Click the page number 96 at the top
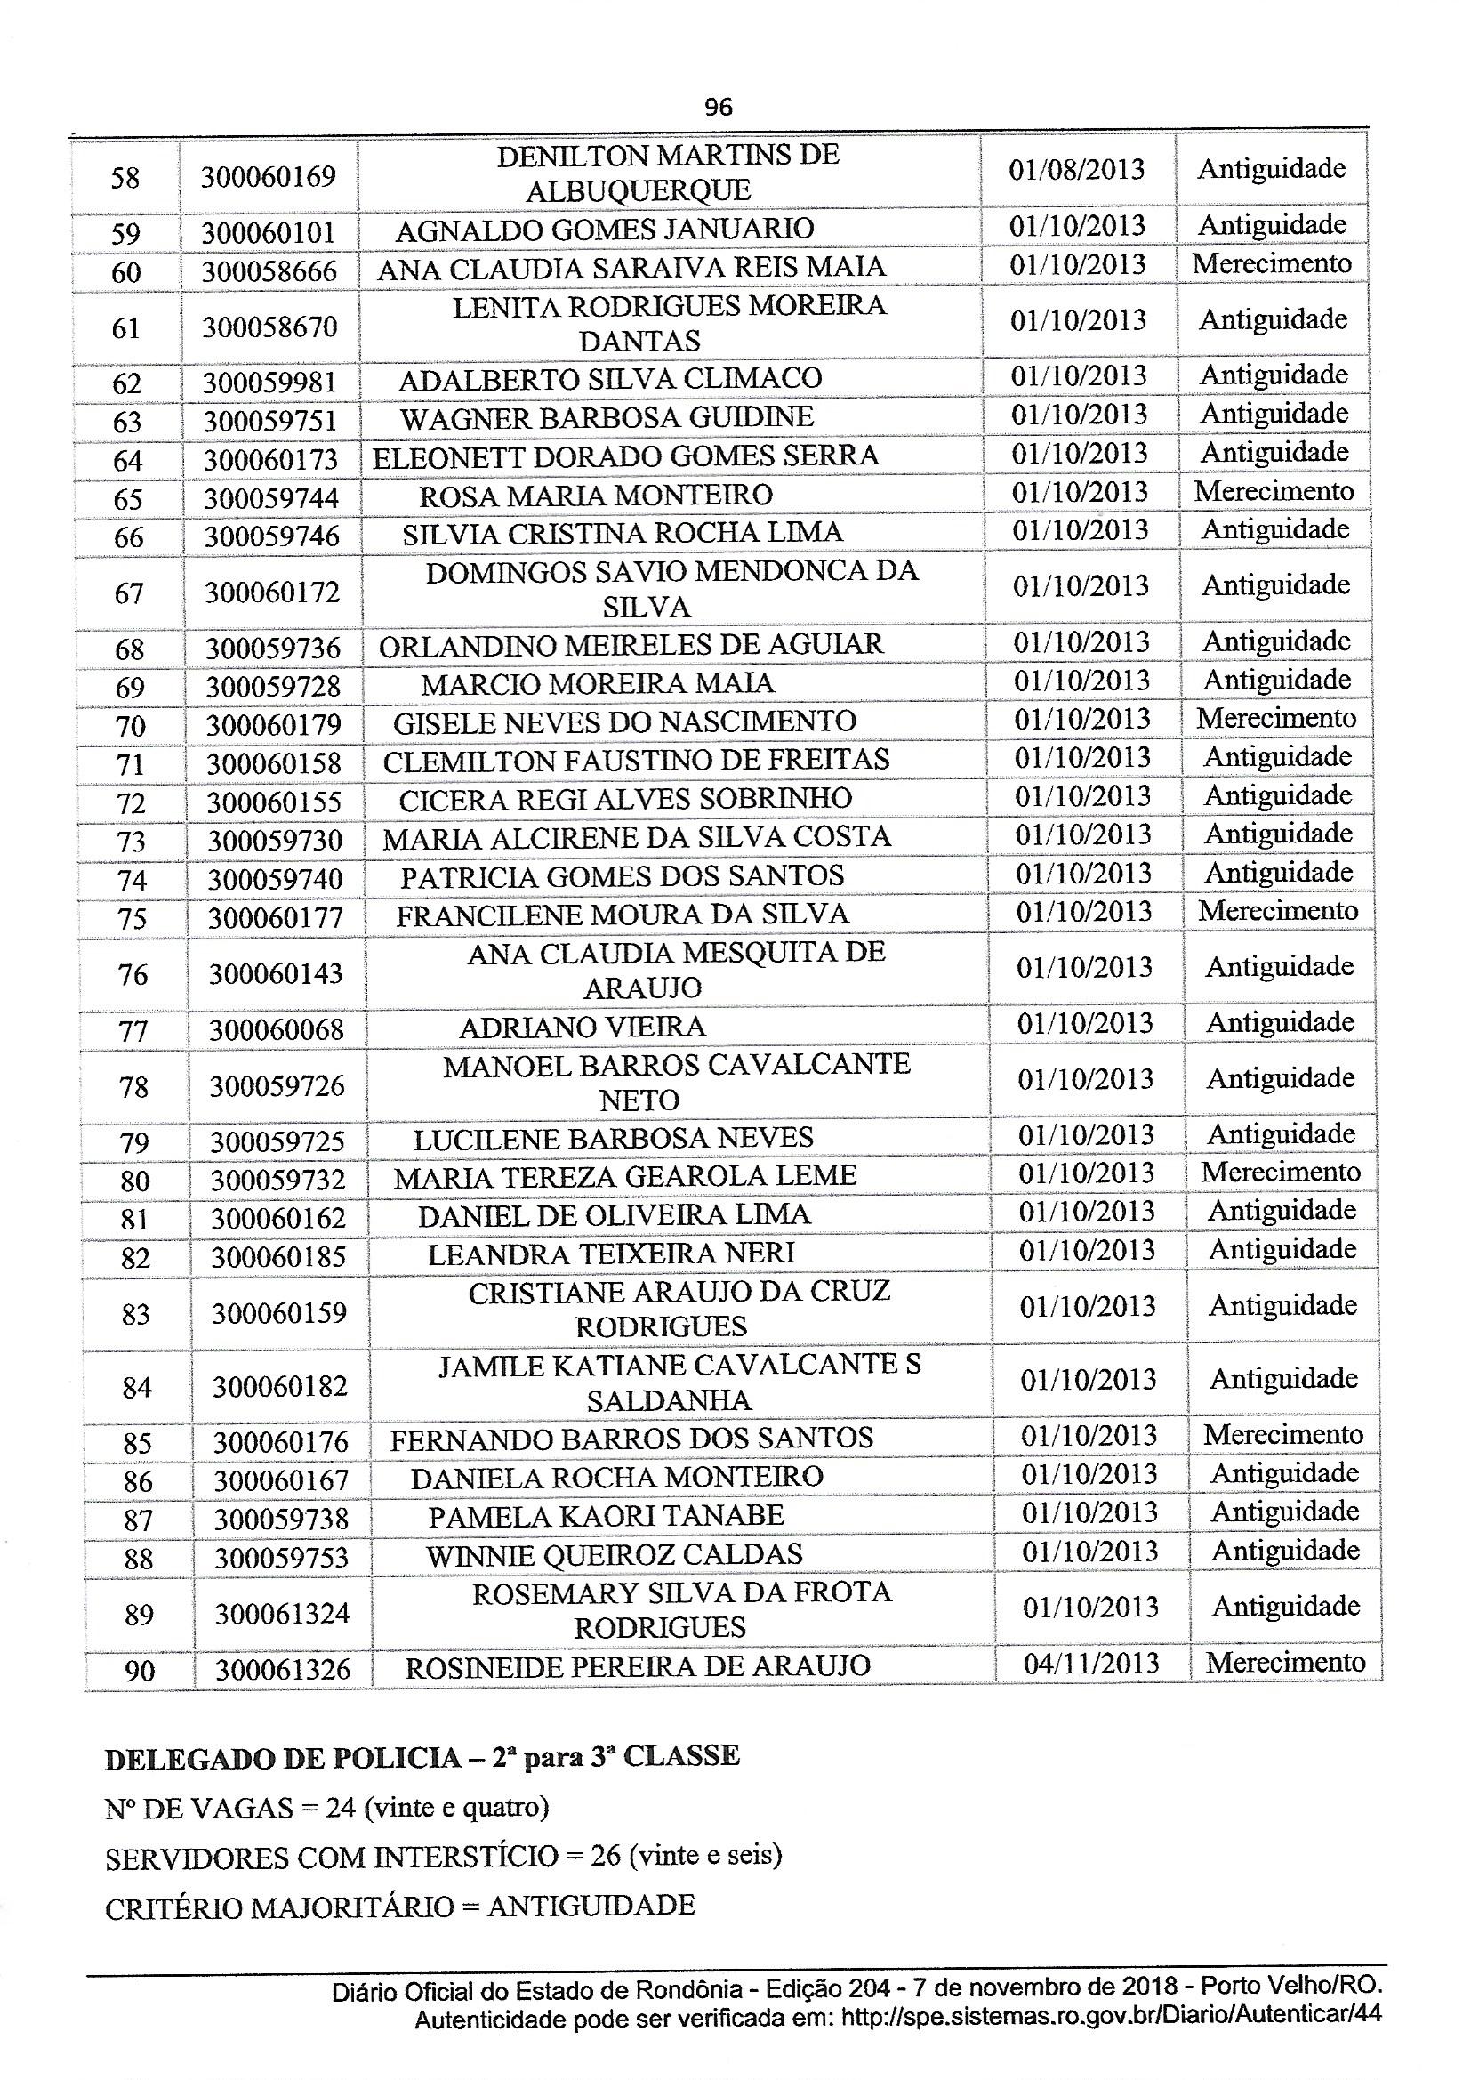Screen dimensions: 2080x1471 718,108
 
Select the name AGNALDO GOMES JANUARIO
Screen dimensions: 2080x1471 604,230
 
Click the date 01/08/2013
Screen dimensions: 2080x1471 1076,170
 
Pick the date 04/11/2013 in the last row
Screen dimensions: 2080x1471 1090,1664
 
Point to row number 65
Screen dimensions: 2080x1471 128,499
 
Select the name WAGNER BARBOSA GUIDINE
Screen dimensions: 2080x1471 607,417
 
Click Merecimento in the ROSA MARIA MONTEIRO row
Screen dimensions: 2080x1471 1274,491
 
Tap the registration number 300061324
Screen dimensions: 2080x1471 282,1614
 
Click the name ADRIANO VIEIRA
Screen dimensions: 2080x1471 583,1028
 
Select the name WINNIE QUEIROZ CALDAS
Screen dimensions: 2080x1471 615,1554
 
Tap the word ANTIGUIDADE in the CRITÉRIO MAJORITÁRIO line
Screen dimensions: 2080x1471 591,1906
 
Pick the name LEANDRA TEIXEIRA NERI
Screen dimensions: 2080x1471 610,1254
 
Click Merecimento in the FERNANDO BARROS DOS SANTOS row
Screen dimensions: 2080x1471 1282,1434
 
